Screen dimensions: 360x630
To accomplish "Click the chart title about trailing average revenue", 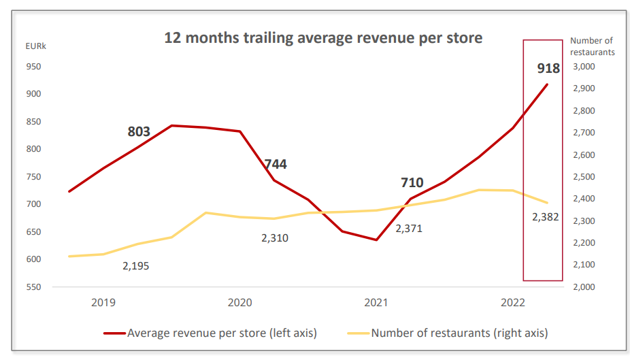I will (323, 37).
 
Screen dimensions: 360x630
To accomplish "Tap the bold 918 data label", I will (548, 68).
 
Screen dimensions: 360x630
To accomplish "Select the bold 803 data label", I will (139, 131).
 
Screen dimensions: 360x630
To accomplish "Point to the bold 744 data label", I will (276, 164).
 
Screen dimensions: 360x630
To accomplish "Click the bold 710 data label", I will (412, 182).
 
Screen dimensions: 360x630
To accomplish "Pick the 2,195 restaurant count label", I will (135, 266).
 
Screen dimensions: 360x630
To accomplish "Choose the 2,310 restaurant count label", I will (275, 238).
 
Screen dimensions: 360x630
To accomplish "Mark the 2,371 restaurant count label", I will (409, 229).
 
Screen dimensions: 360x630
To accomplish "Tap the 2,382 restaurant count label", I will (546, 217).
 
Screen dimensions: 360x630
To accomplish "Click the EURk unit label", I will (36, 46).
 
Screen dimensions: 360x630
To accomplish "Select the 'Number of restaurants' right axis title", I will (592, 46).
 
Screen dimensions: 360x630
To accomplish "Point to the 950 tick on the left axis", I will (33, 67).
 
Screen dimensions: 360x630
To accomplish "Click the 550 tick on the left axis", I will (33, 287).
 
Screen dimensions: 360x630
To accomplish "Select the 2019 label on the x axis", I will (103, 302).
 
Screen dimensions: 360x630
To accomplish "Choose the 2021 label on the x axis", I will (376, 302).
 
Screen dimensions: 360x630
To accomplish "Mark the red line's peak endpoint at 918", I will (547, 84).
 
